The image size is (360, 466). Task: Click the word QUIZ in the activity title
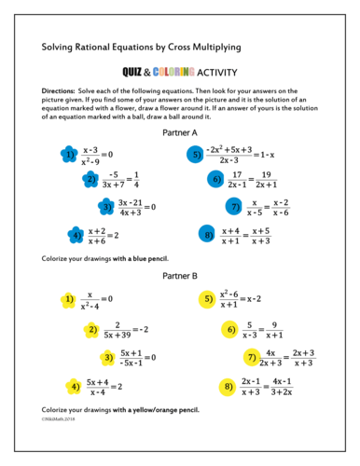[137, 71]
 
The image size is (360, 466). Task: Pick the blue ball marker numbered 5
[195, 154]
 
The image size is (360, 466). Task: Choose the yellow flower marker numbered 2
[91, 329]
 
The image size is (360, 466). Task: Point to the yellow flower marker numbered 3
[108, 356]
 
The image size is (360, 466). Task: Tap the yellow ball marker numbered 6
[230, 329]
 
